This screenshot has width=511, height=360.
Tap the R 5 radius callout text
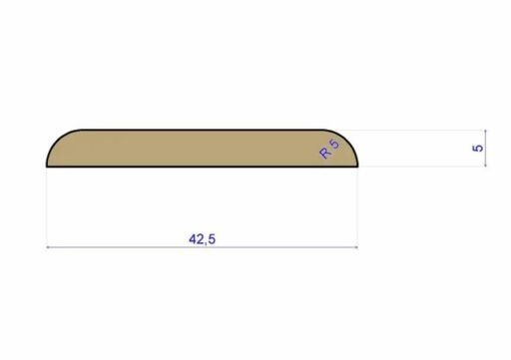pos(328,150)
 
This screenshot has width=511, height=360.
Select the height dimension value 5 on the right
pos(479,148)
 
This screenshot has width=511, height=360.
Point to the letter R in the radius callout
pos(325,154)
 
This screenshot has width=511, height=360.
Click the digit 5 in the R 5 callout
pos(333,145)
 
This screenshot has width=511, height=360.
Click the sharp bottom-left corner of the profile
pos(48,167)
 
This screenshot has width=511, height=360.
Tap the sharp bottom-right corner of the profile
pos(358,167)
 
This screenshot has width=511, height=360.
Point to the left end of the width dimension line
pos(48,246)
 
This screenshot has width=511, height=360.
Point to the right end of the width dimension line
pos(358,246)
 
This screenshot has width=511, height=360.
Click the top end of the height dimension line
pos(486,130)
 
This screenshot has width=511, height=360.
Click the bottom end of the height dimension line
pos(486,167)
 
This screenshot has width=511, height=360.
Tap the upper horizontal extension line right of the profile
pos(419,130)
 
